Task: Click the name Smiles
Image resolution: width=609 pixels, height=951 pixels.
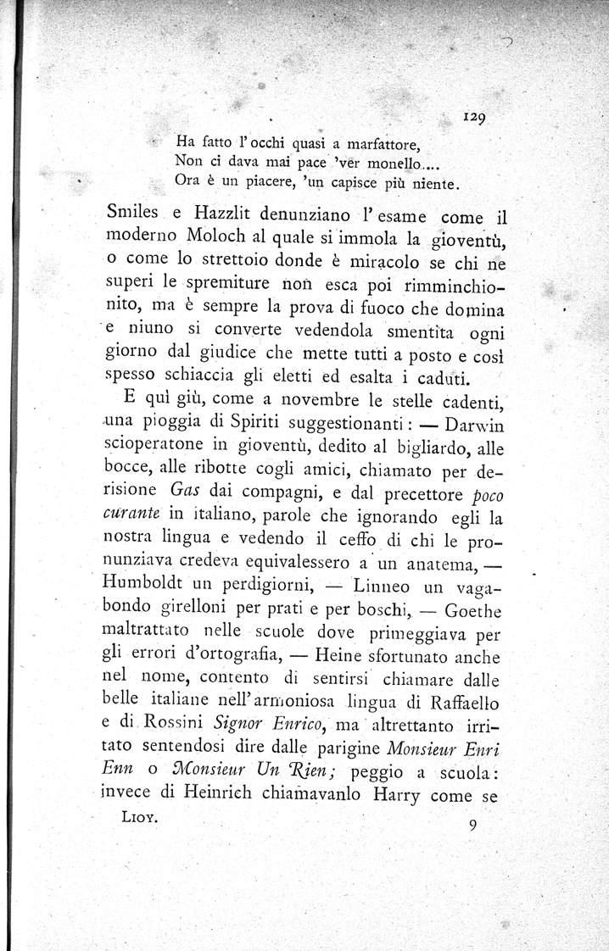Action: (x=137, y=218)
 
